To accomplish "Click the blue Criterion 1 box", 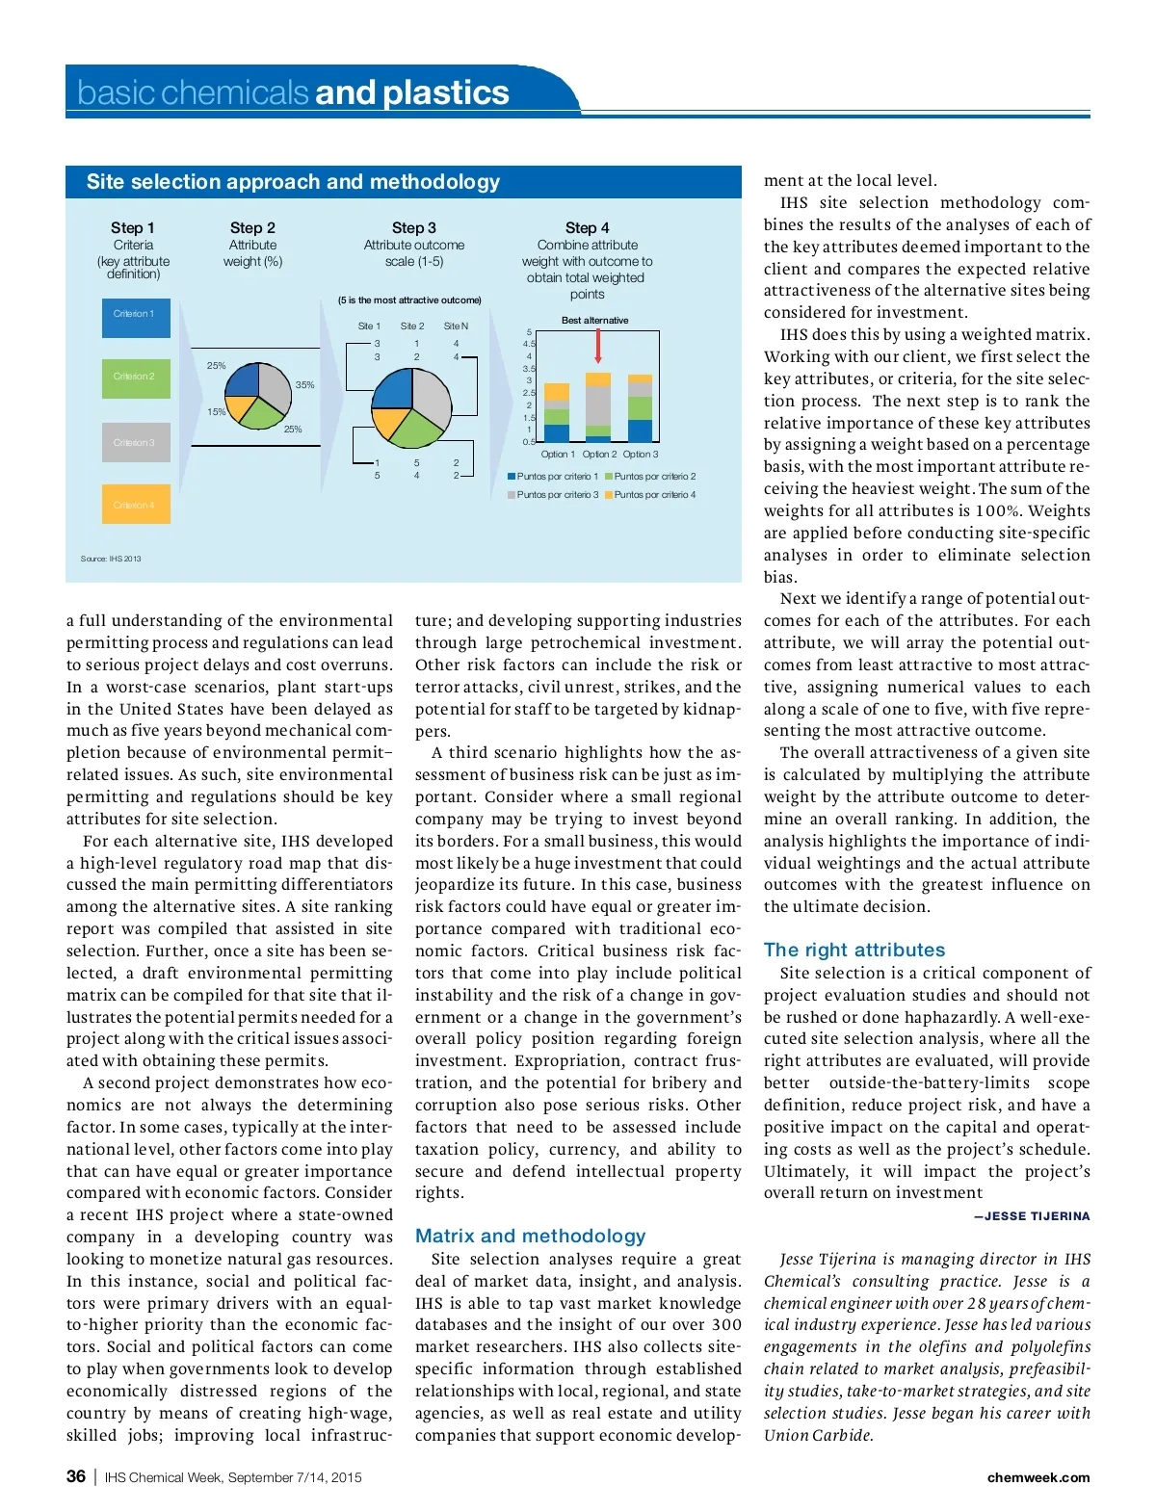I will (136, 318).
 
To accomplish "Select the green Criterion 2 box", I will (136, 378).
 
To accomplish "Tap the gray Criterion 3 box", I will (136, 442).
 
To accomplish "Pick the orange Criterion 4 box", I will (136, 505).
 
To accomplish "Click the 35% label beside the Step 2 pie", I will (304, 384).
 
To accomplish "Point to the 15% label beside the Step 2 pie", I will (217, 412).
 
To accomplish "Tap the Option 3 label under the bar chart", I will (641, 455).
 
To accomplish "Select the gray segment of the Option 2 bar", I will (598, 405).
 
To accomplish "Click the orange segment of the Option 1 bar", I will (557, 392).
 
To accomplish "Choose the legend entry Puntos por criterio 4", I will (650, 495).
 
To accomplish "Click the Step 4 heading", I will (587, 228).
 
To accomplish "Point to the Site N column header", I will (456, 326).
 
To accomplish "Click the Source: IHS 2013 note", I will (111, 559).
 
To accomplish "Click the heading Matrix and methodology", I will (530, 1236).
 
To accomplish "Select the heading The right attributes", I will (854, 950).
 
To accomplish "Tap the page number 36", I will (76, 1476).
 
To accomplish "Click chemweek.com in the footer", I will (1038, 1477).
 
